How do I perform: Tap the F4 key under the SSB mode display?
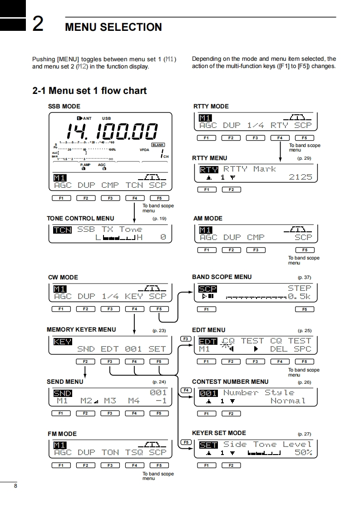[134, 198]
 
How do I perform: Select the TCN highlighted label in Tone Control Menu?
[62, 230]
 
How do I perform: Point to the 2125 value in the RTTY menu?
[301, 177]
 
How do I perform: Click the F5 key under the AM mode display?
[304, 250]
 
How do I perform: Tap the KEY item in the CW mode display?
[134, 296]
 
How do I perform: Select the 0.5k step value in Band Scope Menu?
[300, 297]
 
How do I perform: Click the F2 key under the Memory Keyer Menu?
[85, 362]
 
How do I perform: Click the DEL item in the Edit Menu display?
[279, 349]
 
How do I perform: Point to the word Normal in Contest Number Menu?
[288, 401]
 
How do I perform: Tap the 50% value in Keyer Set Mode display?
[303, 453]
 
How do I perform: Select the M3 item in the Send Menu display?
[110, 401]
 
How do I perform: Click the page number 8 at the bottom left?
[15, 486]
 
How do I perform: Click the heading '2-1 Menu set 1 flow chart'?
[89, 91]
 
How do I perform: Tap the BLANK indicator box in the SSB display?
[158, 145]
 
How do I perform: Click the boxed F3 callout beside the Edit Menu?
[185, 339]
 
